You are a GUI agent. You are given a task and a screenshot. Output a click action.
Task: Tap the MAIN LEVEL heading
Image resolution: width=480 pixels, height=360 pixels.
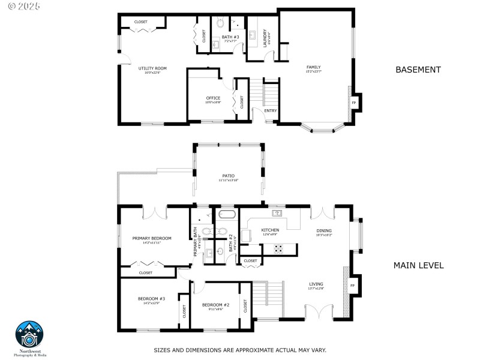click(418, 265)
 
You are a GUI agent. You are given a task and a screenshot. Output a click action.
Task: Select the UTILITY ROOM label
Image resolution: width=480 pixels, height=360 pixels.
click(152, 68)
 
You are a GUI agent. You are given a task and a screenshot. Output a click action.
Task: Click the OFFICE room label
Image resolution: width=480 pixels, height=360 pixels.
click(213, 98)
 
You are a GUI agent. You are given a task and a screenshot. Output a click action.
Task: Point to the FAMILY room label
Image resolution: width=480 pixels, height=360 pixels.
click(313, 67)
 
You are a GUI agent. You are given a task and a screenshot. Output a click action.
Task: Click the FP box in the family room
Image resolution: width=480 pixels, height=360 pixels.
click(353, 103)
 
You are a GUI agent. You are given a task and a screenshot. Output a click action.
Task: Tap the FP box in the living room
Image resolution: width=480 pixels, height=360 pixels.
click(352, 286)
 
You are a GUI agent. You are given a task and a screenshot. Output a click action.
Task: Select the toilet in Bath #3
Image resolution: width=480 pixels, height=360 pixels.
click(220, 24)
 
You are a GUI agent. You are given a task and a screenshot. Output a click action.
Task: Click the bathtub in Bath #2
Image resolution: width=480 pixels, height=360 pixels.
click(227, 214)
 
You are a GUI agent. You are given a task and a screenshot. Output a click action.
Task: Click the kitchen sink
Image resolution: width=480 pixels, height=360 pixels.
click(277, 213)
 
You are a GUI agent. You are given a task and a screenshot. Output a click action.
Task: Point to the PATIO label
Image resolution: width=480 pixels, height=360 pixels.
click(227, 176)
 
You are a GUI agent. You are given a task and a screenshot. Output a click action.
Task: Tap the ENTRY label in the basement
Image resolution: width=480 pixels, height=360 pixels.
click(271, 110)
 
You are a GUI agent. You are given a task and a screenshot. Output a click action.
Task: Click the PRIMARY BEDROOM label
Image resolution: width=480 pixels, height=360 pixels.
click(152, 238)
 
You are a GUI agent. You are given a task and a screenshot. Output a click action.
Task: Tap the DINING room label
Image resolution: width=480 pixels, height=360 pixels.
click(324, 230)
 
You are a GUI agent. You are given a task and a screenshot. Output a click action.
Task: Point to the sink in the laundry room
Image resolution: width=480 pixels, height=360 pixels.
click(253, 34)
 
